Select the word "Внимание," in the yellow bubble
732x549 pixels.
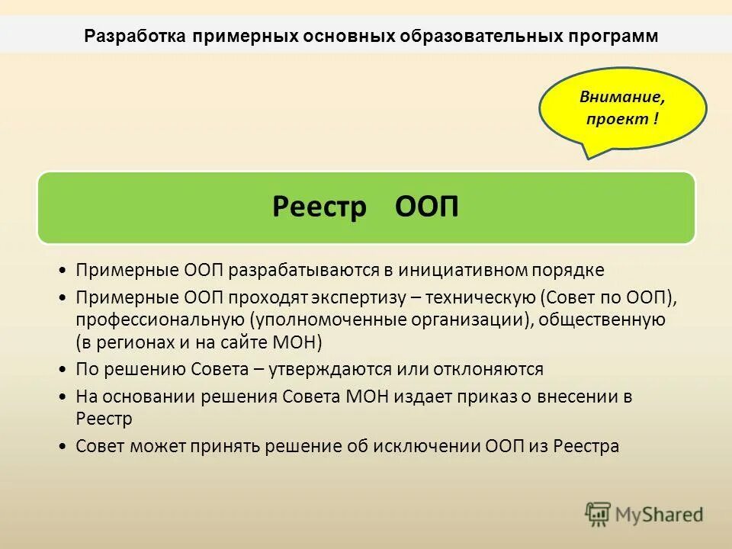[x=622, y=98]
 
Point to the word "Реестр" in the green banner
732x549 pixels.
[x=319, y=207]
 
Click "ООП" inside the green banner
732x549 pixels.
[x=428, y=207]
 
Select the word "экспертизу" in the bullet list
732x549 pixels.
[x=370, y=295]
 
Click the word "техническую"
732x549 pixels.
[x=482, y=295]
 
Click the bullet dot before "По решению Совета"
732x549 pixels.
[x=62, y=370]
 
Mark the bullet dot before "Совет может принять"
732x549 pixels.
[x=62, y=446]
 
